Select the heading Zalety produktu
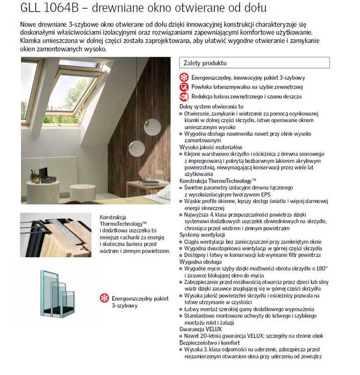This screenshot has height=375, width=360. (x=205, y=63)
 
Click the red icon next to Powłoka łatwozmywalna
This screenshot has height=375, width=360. (x=184, y=87)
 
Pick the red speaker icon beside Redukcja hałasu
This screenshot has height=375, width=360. (x=184, y=96)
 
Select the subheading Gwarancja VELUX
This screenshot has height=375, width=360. (x=198, y=329)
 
